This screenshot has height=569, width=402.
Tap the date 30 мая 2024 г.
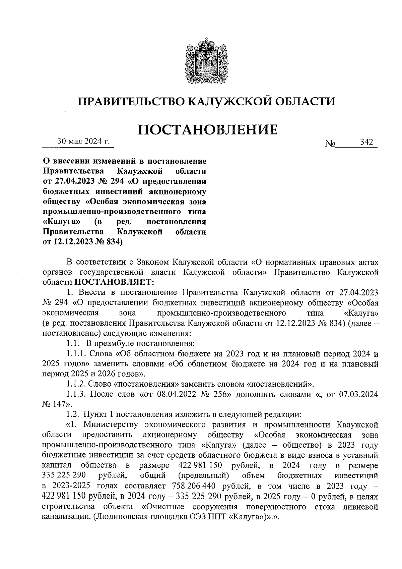click(x=84, y=142)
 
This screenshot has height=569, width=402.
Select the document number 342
click(x=366, y=142)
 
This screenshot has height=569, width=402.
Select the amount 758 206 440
click(x=193, y=486)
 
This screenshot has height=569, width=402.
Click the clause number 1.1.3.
click(x=77, y=394)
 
